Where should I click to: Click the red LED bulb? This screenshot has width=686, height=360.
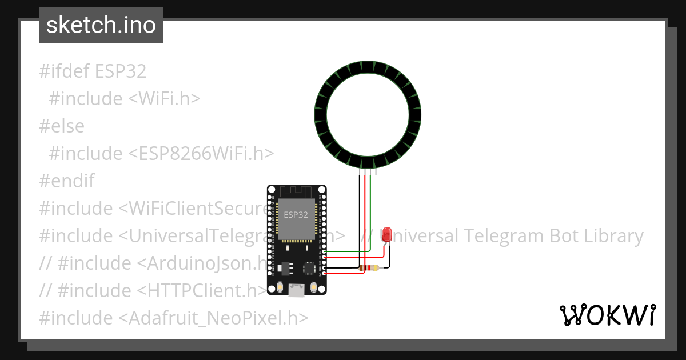click(387, 233)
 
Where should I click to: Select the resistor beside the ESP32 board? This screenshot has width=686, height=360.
click(369, 267)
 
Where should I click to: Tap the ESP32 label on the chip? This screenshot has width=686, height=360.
click(296, 215)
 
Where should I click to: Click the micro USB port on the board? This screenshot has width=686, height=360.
click(296, 291)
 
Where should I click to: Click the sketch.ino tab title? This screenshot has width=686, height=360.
click(101, 25)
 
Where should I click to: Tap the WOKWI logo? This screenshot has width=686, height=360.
click(608, 315)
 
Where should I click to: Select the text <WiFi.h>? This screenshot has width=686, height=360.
click(164, 99)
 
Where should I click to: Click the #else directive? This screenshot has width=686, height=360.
click(62, 126)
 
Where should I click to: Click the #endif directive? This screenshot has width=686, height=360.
click(67, 181)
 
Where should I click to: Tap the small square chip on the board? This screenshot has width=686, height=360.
click(309, 267)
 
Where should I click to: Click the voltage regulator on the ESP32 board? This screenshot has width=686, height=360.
click(286, 266)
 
